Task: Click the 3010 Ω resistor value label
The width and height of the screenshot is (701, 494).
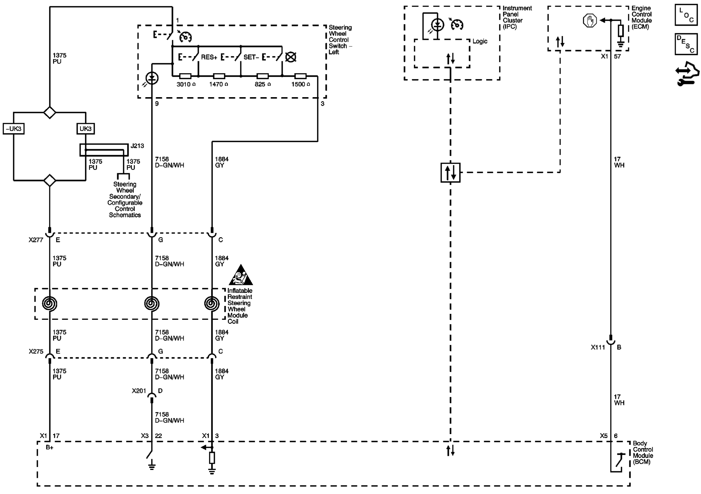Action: click(186, 84)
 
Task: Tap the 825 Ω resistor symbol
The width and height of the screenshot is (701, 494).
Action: click(262, 76)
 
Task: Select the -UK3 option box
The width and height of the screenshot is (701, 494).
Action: click(13, 128)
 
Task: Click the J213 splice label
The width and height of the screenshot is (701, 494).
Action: click(137, 146)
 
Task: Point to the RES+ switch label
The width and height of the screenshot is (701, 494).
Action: click(209, 57)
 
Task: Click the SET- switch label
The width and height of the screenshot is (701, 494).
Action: click(251, 57)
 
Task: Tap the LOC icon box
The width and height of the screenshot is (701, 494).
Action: click(686, 15)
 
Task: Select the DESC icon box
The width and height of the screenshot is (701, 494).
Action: click(686, 44)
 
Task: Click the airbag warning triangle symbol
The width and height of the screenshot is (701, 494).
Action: click(241, 275)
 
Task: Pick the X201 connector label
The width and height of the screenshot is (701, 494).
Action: click(139, 391)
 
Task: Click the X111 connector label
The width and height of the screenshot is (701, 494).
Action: click(598, 347)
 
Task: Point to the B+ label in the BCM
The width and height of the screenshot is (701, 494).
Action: click(49, 448)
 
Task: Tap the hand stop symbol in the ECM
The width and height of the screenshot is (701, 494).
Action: click(589, 21)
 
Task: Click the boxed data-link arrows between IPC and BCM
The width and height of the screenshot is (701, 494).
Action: click(451, 173)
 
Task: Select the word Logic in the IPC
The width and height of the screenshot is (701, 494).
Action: click(480, 41)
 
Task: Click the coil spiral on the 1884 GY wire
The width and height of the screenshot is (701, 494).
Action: click(212, 304)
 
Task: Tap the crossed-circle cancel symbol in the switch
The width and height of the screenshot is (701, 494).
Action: click(291, 57)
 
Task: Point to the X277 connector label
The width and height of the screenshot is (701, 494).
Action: click(36, 240)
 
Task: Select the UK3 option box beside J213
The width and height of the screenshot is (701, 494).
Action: click(86, 128)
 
